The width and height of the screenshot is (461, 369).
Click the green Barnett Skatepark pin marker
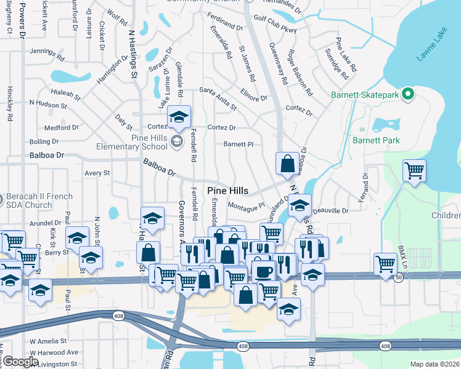[407, 95]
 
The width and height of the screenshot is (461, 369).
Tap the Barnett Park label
[376, 140]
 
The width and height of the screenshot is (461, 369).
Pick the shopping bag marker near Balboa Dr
[287, 164]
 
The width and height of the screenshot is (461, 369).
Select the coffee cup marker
[264, 271]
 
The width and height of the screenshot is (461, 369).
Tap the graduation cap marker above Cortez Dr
[179, 117]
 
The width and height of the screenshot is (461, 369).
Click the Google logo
[21, 362]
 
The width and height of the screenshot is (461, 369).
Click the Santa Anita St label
[218, 98]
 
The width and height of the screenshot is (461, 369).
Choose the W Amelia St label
[47, 341]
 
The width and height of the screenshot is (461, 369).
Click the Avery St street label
[97, 173]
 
